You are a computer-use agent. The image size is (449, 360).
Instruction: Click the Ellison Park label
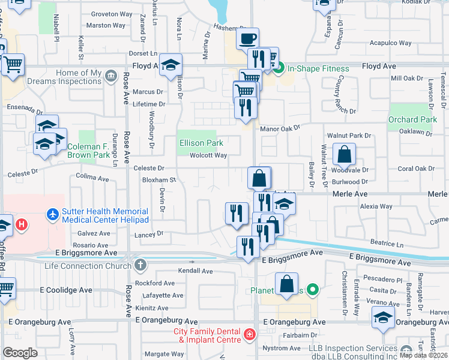point(202,143)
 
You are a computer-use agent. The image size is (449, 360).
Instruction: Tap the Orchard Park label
point(412,119)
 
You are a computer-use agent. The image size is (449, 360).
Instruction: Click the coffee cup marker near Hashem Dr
point(247,40)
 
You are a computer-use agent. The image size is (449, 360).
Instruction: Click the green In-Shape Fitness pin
point(279,68)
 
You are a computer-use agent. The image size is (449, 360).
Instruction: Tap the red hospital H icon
point(22,225)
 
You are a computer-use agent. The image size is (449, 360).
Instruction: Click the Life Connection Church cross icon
point(140,265)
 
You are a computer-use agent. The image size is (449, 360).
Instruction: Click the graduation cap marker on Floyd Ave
point(170,65)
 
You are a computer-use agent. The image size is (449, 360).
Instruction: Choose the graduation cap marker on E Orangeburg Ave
point(382,317)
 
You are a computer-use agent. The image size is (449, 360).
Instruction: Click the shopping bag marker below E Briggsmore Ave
point(288,284)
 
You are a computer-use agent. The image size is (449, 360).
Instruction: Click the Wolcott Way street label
point(208,155)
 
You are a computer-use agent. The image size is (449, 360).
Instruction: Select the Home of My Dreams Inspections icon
point(110,76)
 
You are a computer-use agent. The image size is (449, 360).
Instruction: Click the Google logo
point(20,353)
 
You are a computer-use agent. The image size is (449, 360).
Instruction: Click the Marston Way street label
point(106,26)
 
